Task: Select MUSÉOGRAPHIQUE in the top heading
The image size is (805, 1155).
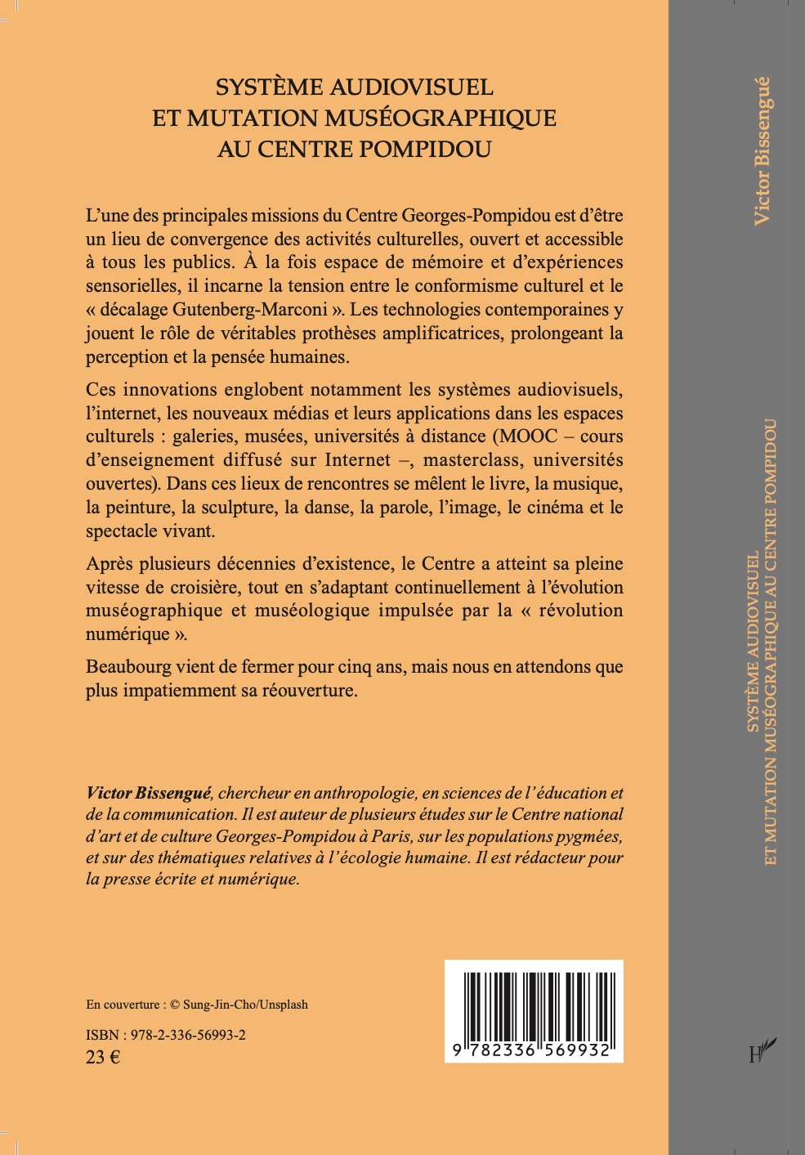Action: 441,119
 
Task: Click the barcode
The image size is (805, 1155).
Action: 534,1011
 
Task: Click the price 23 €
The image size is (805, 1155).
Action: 103,1057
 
